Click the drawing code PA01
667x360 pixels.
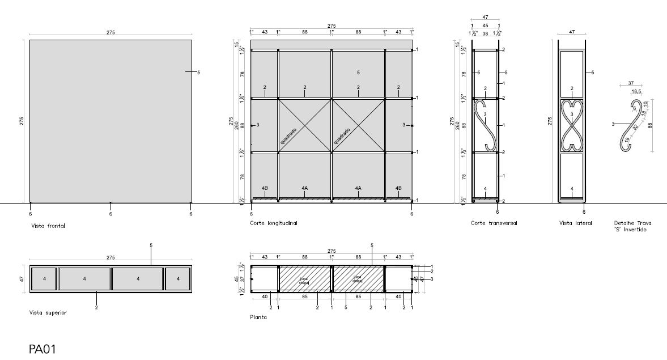(43, 348)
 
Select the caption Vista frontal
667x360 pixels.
(48, 226)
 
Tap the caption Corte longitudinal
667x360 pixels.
(274, 223)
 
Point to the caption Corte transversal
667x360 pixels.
(494, 223)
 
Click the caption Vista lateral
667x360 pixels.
(575, 223)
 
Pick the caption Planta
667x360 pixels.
(258, 317)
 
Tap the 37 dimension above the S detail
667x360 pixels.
(631, 83)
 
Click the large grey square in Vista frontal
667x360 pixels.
(111, 121)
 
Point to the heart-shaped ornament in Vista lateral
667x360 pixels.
(571, 125)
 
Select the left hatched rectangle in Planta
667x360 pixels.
(304, 279)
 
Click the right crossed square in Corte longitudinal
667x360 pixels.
(358, 125)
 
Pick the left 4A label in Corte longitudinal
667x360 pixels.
(304, 188)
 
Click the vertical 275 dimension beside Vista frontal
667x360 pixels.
(22, 121)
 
